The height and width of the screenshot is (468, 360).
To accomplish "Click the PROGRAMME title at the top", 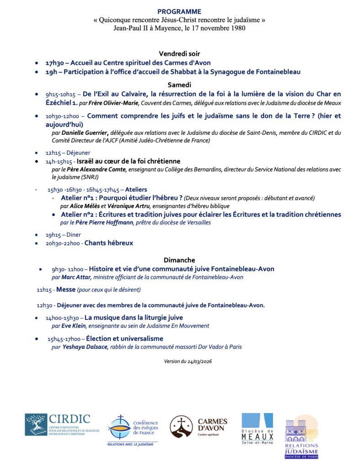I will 179,11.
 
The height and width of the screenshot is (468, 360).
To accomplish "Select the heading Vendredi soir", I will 179,53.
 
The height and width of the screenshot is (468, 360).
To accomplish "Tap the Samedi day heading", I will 179,85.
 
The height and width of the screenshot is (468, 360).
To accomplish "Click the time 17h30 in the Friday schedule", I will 54,63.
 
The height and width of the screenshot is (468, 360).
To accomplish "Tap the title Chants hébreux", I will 109,243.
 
